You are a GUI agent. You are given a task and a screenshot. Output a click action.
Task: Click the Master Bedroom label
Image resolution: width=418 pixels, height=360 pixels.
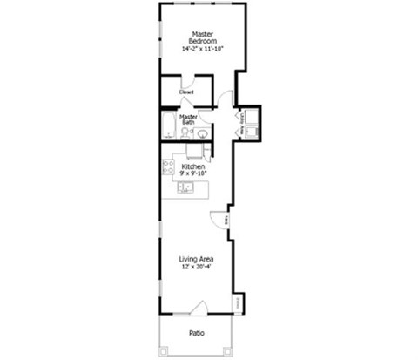pos(203,37)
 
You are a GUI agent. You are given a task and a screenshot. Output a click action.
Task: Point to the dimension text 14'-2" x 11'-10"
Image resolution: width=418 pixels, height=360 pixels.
pos(204,50)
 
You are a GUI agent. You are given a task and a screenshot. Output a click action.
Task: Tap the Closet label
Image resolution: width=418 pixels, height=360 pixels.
pos(186,92)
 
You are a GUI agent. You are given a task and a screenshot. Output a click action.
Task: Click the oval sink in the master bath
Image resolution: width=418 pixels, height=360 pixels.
pos(203,134)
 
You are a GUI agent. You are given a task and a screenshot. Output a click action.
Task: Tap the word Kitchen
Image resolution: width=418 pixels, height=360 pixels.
pos(193,165)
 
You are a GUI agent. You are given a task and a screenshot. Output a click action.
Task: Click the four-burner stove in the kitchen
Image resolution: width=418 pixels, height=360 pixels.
pos(169,166)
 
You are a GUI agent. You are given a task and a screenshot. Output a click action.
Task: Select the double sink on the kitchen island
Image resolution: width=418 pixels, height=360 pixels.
pos(186,187)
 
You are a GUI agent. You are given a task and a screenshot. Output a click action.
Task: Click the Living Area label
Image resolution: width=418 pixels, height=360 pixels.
pos(197,259)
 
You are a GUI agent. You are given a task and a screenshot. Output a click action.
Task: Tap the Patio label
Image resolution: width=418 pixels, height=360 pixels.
pos(197,332)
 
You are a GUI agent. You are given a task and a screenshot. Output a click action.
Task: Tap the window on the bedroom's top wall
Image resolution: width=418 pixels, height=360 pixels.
pos(203,3)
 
